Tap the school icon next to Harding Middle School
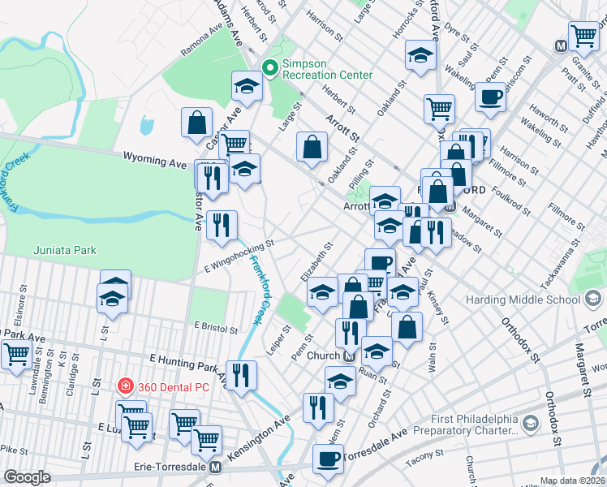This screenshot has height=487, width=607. [x=593, y=299]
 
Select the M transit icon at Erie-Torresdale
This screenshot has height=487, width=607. [x=215, y=468]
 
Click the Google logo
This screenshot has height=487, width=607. [x=27, y=476]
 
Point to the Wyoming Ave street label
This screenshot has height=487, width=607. [x=154, y=161]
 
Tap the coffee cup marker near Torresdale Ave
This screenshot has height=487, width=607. [x=328, y=458]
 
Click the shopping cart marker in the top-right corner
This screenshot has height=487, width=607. [x=583, y=36]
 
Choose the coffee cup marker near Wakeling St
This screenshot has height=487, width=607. [x=489, y=97]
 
